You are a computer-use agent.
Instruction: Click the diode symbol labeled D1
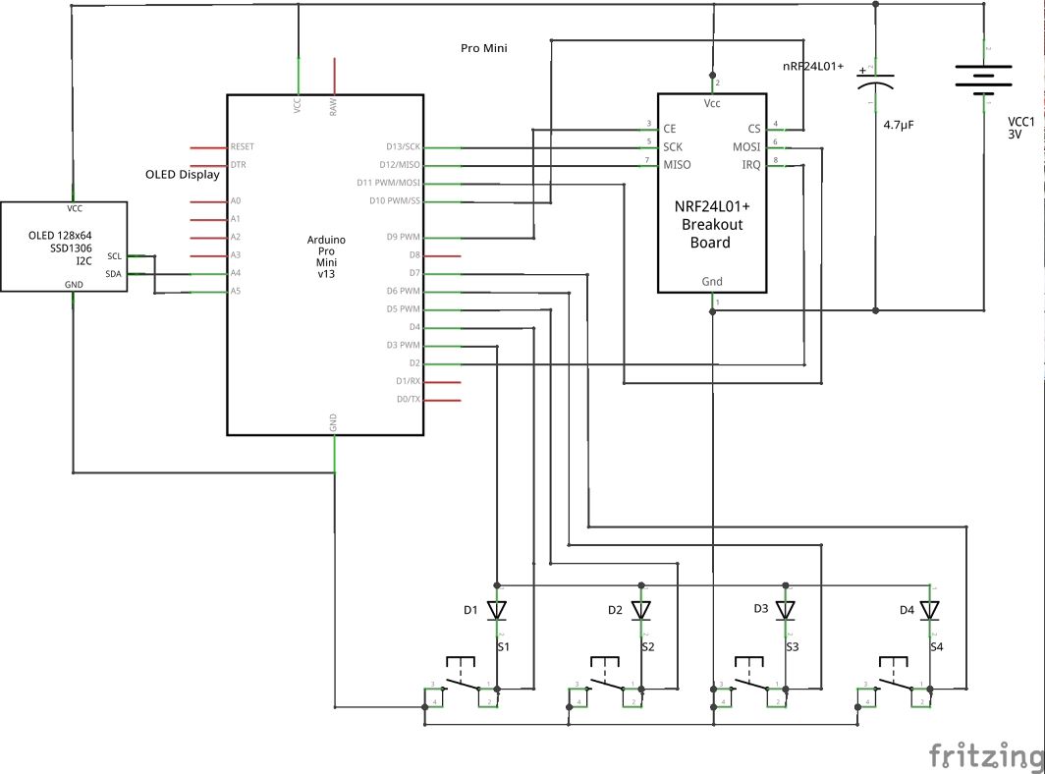click(497, 610)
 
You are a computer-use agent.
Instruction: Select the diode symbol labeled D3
click(785, 610)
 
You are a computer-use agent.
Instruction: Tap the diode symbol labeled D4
click(929, 610)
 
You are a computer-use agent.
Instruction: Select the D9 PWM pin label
click(403, 237)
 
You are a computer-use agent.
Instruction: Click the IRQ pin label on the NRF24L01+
click(750, 165)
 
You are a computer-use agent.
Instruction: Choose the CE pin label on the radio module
click(670, 129)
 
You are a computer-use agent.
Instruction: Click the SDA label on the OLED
click(114, 274)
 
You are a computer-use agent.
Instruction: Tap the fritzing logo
click(986, 755)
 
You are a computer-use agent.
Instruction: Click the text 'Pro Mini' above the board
click(483, 48)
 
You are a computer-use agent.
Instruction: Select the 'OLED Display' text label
click(183, 175)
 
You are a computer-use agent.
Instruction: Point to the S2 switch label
click(647, 646)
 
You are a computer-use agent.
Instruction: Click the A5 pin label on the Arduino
click(235, 292)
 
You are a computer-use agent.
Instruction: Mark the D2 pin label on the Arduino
click(414, 363)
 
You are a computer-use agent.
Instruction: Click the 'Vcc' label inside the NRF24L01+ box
click(712, 103)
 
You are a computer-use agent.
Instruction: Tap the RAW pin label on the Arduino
click(334, 107)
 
